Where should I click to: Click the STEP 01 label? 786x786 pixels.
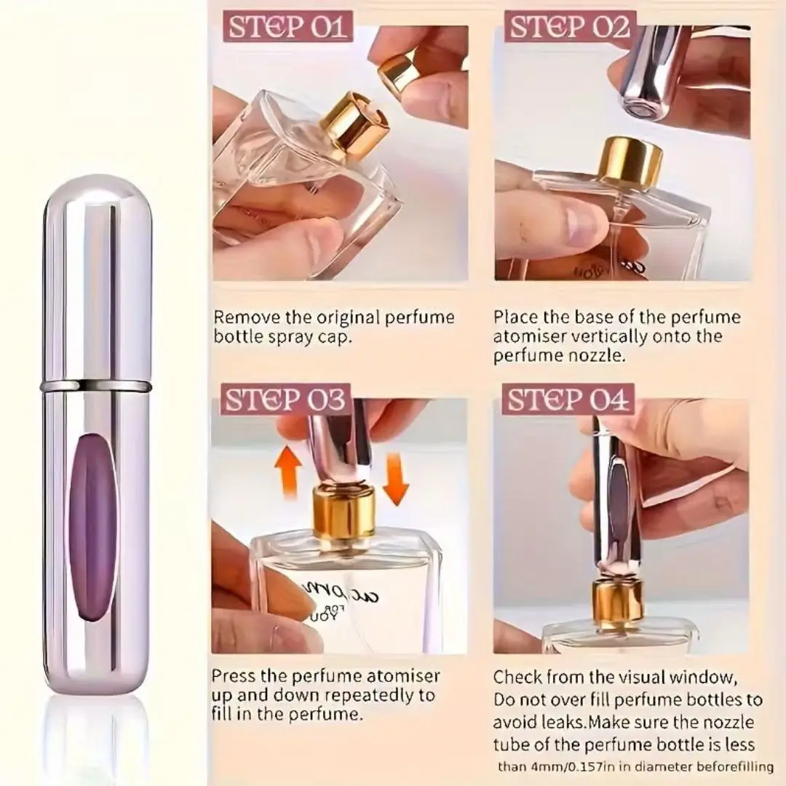pos(287,27)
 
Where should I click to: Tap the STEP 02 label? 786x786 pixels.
pos(569,27)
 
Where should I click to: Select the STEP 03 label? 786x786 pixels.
pos(285,400)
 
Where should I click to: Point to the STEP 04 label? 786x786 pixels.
pos(568,400)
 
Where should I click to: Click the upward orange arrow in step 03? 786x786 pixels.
pos(287,471)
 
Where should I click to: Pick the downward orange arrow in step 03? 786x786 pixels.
pos(397,478)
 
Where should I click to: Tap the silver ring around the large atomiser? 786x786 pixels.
pos(95,386)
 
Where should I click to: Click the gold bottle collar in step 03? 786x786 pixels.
pos(344,513)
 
